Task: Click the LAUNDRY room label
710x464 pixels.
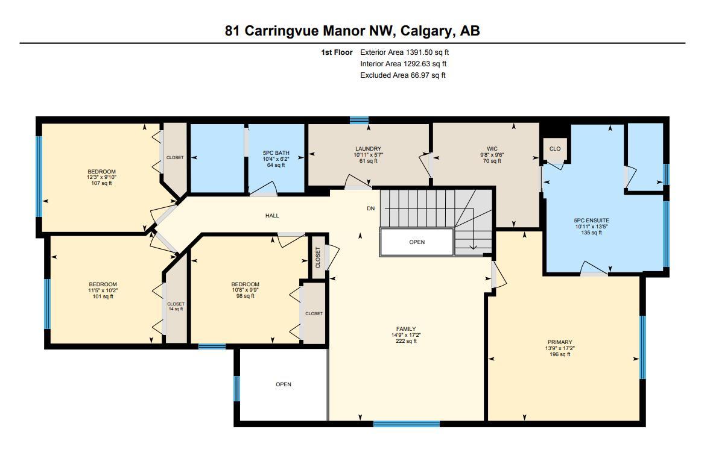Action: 368,149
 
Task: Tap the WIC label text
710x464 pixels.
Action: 492,149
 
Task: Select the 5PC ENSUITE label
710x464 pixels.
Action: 591,221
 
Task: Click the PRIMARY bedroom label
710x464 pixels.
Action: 560,342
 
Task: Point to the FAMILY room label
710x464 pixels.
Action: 406,329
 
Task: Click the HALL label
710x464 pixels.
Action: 271,216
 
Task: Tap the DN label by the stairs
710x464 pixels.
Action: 371,209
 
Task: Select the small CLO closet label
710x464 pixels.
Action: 555,149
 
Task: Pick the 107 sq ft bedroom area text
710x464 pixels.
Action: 101,183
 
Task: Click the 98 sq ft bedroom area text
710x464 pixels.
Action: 245,296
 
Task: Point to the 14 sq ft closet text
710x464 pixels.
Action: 176,309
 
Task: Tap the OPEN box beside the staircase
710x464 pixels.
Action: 417,242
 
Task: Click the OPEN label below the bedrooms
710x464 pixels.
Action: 284,384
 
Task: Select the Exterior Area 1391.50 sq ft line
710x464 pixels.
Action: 404,52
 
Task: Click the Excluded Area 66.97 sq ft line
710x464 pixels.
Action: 402,75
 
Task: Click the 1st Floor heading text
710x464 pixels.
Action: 337,52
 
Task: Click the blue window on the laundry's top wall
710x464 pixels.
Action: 359,120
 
